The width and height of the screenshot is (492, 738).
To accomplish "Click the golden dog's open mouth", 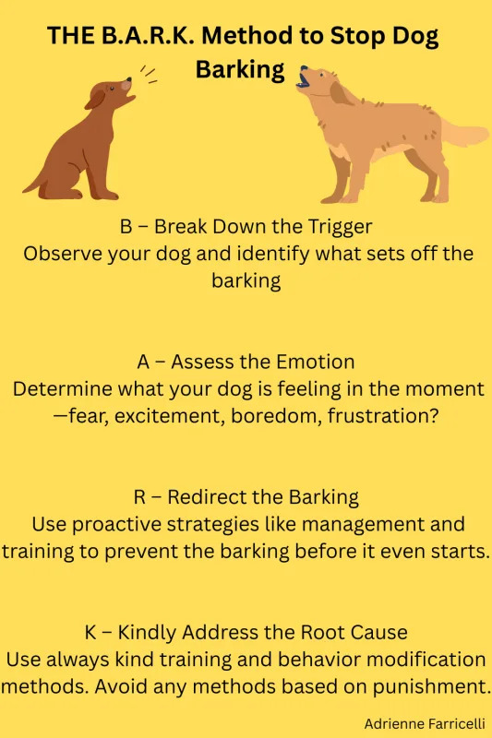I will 304,81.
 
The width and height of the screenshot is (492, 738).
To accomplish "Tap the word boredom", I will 246,416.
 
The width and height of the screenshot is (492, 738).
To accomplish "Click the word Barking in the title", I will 239,71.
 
